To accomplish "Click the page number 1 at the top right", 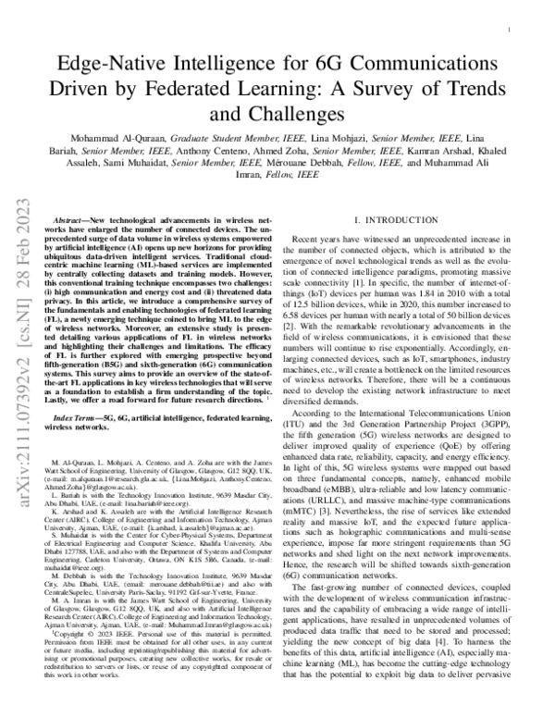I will point(511,30).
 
